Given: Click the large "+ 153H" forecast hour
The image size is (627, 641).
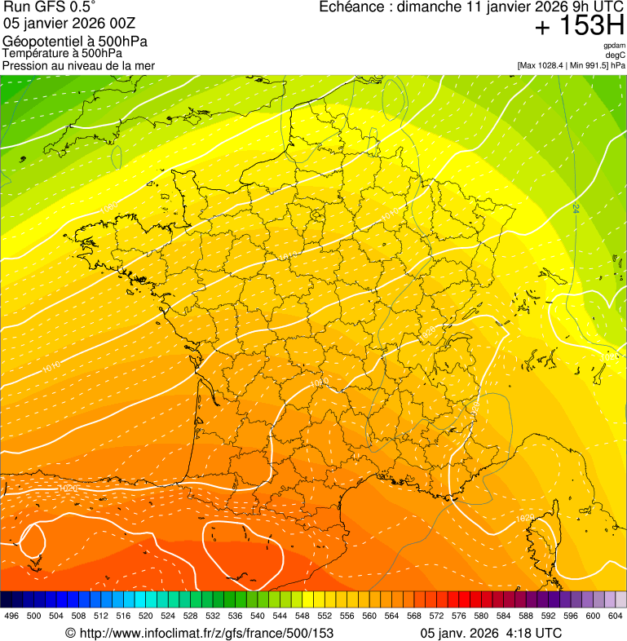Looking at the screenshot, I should point(579,27).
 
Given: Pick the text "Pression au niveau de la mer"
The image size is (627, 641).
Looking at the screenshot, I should point(78,65).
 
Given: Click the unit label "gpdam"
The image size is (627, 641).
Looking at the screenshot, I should point(614,46).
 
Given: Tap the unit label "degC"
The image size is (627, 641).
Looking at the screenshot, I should point(616,55).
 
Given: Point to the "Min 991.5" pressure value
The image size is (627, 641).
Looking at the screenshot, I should point(588,65).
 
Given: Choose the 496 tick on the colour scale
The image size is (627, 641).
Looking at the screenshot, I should point(11,616).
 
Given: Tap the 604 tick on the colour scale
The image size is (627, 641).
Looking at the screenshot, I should point(615,616).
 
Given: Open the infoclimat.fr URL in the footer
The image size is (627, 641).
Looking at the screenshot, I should point(199,633).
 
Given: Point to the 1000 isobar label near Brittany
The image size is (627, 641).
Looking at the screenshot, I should point(108,210).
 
